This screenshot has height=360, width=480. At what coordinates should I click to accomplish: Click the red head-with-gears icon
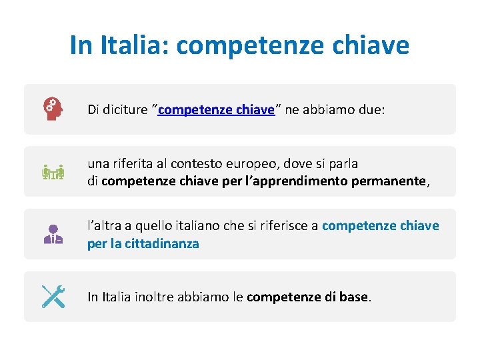coord(53,109)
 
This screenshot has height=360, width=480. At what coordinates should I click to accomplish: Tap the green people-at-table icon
coord(53,172)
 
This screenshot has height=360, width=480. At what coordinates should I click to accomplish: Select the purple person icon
coord(53,234)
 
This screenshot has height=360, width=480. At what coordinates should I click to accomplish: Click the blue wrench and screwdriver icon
coord(53,297)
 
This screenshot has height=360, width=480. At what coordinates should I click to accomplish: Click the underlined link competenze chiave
coord(216,110)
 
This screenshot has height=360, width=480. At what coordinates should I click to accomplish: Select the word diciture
coord(125,110)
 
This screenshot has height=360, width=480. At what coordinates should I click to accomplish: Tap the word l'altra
coord(104,226)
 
